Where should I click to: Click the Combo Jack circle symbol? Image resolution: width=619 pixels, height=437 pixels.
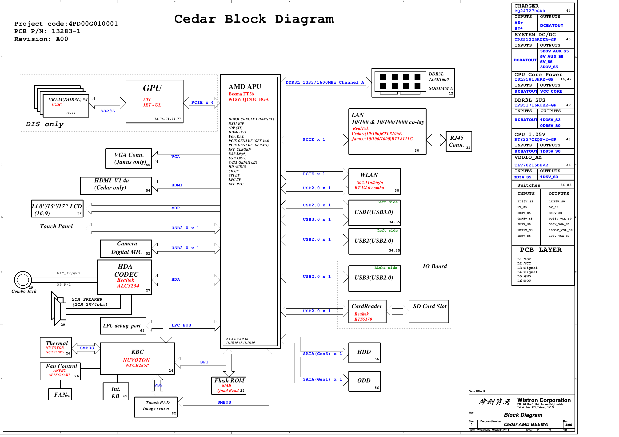(x=23, y=280)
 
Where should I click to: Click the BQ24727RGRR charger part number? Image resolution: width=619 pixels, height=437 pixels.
(x=530, y=11)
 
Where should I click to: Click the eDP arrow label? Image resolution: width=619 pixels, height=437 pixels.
(x=175, y=208)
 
